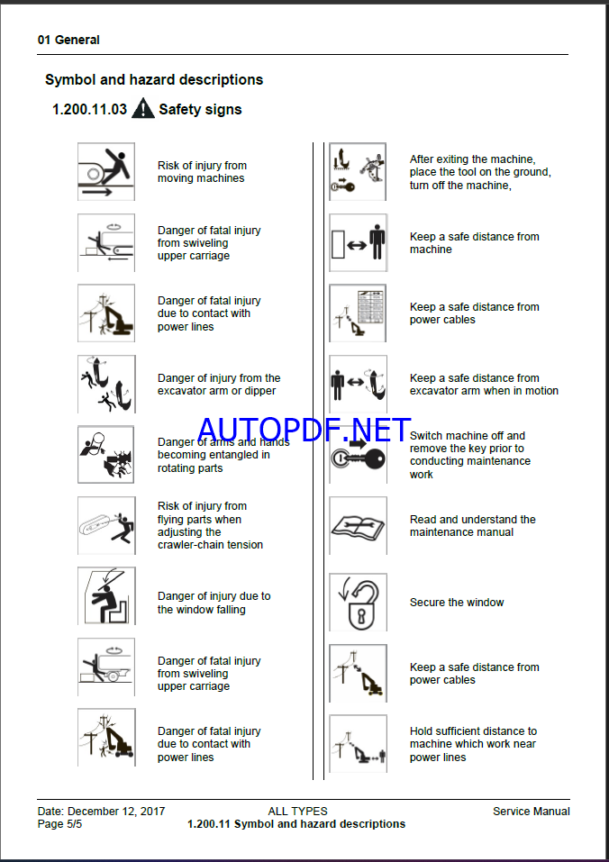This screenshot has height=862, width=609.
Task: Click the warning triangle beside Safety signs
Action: click(x=143, y=108)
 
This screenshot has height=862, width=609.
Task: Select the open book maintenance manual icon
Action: click(x=358, y=526)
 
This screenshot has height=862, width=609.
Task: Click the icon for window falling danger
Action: click(x=106, y=596)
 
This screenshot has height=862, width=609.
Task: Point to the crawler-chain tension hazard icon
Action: click(x=106, y=525)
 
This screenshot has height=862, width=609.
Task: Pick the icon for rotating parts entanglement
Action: click(x=106, y=455)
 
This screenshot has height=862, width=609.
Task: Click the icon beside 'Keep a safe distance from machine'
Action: click(x=358, y=242)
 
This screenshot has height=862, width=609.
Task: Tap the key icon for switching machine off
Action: click(x=358, y=455)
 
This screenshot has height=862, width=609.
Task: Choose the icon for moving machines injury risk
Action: click(x=106, y=171)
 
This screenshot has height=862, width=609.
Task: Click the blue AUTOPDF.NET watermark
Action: click(x=304, y=430)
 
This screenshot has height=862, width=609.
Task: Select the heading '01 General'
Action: click(x=68, y=41)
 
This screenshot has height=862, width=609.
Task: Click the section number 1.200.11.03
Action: click(x=89, y=109)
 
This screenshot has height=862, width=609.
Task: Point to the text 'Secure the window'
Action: click(x=457, y=603)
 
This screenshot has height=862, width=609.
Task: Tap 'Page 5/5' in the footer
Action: click(x=60, y=824)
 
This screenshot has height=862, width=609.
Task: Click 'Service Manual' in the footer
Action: click(x=532, y=812)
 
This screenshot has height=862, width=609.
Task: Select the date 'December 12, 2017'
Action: click(x=116, y=812)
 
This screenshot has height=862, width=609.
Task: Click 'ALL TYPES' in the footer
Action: click(x=297, y=812)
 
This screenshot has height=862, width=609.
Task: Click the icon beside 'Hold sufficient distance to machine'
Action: click(x=358, y=744)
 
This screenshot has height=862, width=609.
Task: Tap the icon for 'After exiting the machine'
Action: click(x=358, y=171)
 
